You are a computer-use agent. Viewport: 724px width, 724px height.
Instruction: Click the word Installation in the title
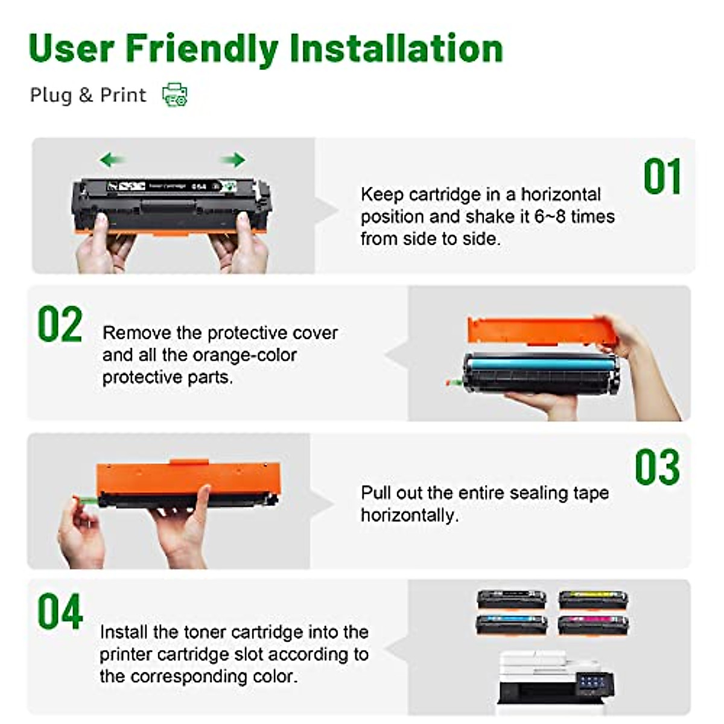click(396, 48)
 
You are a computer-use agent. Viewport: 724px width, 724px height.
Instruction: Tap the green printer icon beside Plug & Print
click(175, 95)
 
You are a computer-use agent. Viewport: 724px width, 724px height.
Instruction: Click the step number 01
click(662, 177)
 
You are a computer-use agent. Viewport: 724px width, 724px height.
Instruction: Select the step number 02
click(60, 325)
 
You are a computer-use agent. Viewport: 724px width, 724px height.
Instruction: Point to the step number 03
click(657, 467)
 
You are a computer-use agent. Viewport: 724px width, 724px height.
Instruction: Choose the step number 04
click(60, 612)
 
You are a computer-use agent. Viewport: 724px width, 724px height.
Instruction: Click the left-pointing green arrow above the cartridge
click(112, 160)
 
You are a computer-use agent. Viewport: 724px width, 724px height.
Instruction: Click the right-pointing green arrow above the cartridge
click(233, 160)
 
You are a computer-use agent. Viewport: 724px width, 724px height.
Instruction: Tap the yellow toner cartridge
click(593, 600)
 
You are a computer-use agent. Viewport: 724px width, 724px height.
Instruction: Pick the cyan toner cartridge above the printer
click(512, 623)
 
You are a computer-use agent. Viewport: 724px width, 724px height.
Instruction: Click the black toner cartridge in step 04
click(512, 600)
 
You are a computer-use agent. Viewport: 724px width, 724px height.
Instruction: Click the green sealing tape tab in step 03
click(86, 500)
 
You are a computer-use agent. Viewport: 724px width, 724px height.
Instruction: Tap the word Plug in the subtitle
click(51, 95)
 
